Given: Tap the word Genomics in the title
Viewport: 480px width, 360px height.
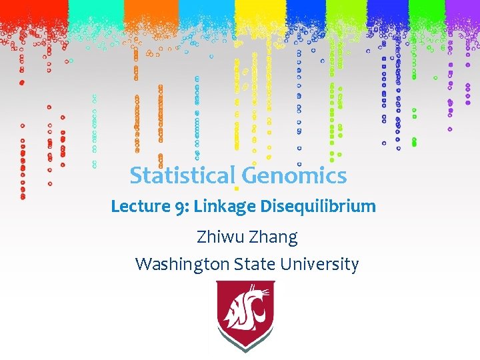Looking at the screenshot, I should click(294, 176).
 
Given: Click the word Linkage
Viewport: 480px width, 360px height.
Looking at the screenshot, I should click(225, 207).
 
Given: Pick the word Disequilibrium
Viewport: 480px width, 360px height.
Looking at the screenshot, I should click(317, 207).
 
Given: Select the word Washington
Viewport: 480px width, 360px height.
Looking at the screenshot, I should click(183, 264).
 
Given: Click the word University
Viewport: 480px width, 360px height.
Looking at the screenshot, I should click(319, 264).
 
